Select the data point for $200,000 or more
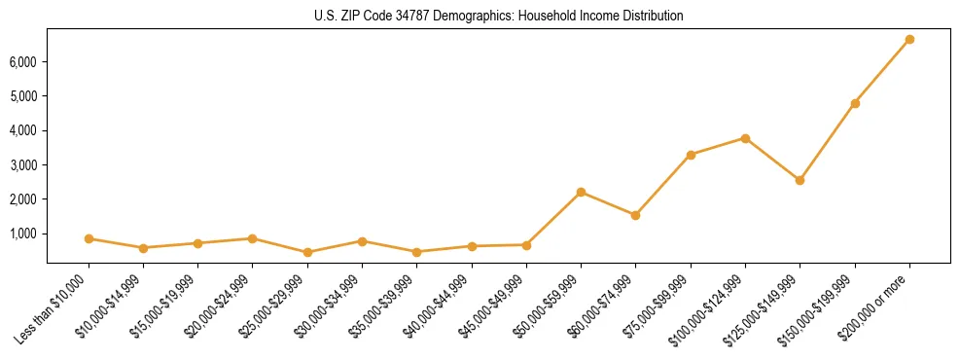pyautogui.click(x=908, y=40)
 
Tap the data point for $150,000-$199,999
pyautogui.click(x=854, y=103)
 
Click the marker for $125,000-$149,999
pyautogui.click(x=800, y=180)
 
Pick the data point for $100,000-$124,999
pyautogui.click(x=745, y=138)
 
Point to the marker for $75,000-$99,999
pyautogui.click(x=691, y=155)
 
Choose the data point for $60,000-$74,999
pyautogui.click(x=635, y=215)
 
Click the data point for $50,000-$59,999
pyautogui.click(x=581, y=192)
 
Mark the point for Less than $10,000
pyautogui.click(x=89, y=238)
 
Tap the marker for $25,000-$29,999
pyautogui.click(x=307, y=252)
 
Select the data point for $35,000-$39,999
pyautogui.click(x=416, y=252)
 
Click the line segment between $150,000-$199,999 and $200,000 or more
pyautogui.click(x=881, y=71)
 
